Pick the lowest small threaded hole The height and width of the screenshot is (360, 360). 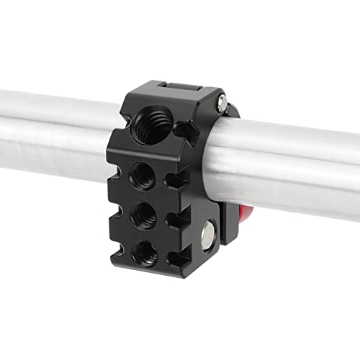pyautogui.click(x=146, y=251)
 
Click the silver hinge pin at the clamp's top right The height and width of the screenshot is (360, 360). pyautogui.click(x=222, y=99)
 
